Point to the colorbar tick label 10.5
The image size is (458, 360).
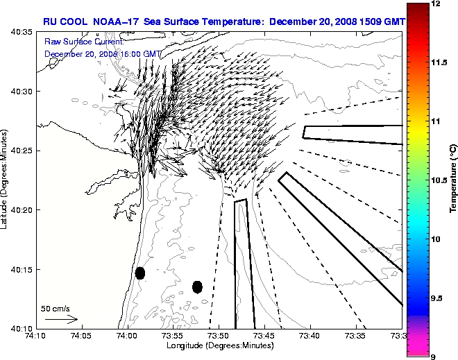tap(440, 180)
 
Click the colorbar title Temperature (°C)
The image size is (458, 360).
tap(452, 180)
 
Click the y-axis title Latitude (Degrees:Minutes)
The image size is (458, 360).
tap(6, 180)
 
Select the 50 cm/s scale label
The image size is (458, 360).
tap(55, 308)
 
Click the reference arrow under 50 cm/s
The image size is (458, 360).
tap(61, 320)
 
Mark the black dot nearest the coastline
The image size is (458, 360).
tap(140, 273)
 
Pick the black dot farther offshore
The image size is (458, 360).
tap(197, 286)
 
